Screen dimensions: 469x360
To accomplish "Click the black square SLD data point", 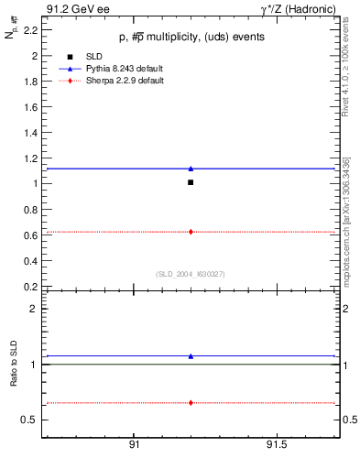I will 191,182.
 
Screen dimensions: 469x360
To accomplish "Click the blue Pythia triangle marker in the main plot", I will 191,169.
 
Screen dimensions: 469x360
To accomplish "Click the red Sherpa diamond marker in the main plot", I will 191,232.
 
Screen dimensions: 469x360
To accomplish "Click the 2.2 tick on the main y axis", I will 30,29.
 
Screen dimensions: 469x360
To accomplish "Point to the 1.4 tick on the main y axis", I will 30,132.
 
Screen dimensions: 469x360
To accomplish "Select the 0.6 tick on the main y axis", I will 30,234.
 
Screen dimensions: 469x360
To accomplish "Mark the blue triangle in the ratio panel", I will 191,356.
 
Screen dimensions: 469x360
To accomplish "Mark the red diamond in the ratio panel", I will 191,403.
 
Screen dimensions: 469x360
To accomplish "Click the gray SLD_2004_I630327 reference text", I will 190,273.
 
